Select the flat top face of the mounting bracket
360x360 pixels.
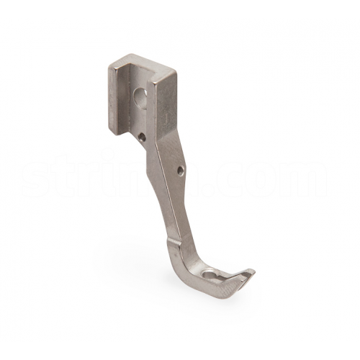tap(137, 60)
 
